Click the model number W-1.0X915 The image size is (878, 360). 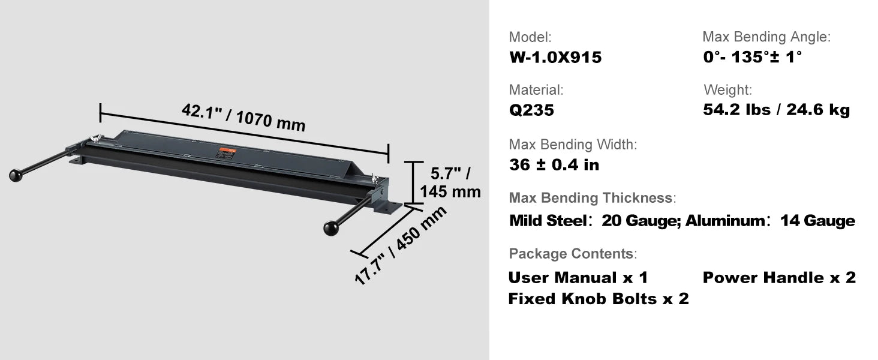555,57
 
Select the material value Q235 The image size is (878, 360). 531,110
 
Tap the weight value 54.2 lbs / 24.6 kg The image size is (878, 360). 776,109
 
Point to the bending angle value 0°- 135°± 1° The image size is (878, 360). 752,57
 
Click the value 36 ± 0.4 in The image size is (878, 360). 554,165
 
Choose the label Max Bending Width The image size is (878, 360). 573,145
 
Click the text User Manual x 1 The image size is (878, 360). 578,278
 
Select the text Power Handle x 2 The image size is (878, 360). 779,278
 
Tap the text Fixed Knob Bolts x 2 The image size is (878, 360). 599,299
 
